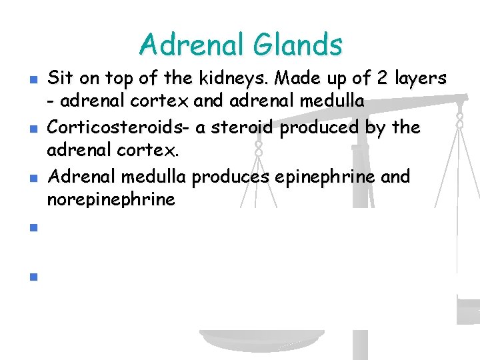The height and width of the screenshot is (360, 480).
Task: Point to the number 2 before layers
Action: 382,78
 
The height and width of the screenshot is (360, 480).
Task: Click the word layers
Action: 419,78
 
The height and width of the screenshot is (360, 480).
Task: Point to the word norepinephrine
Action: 111,199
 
